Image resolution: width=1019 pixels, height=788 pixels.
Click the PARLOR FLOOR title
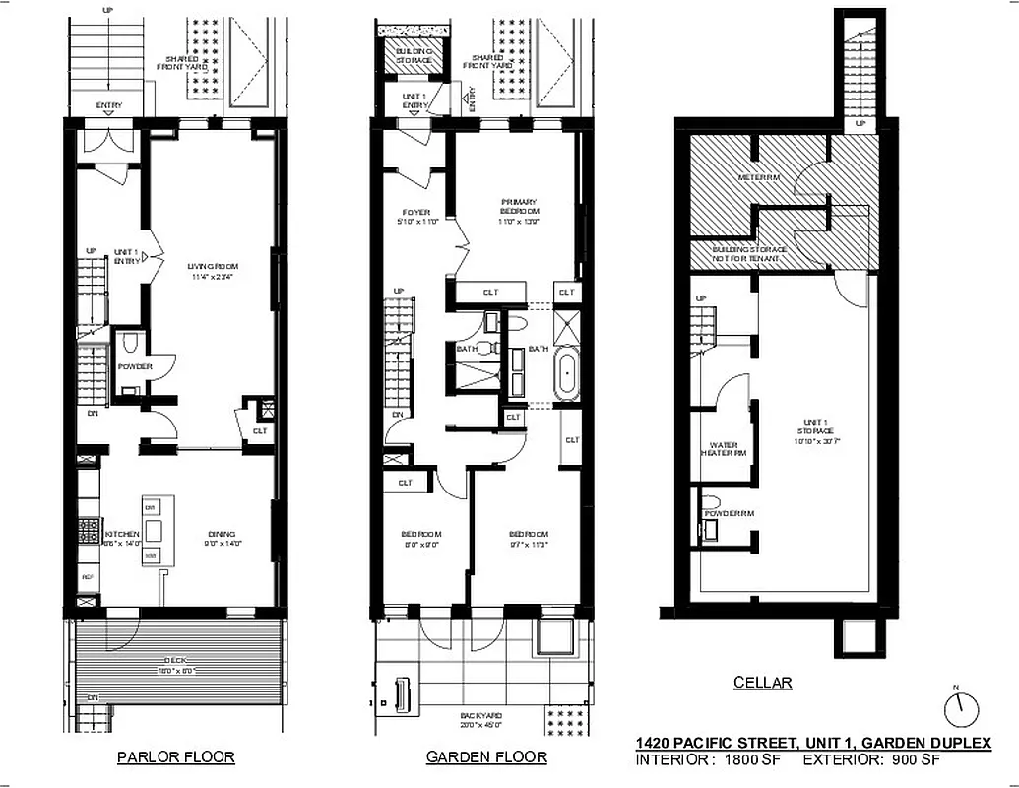tap(175, 757)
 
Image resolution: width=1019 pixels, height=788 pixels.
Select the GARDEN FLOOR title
tap(486, 757)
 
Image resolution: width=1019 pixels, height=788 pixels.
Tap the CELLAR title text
tap(762, 683)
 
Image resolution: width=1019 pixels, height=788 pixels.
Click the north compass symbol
tap(962, 707)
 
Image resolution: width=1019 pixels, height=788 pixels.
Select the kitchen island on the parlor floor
tap(152, 532)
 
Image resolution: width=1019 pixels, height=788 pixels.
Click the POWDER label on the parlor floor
tap(135, 367)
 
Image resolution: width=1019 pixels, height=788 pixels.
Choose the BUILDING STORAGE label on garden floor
tap(414, 55)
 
